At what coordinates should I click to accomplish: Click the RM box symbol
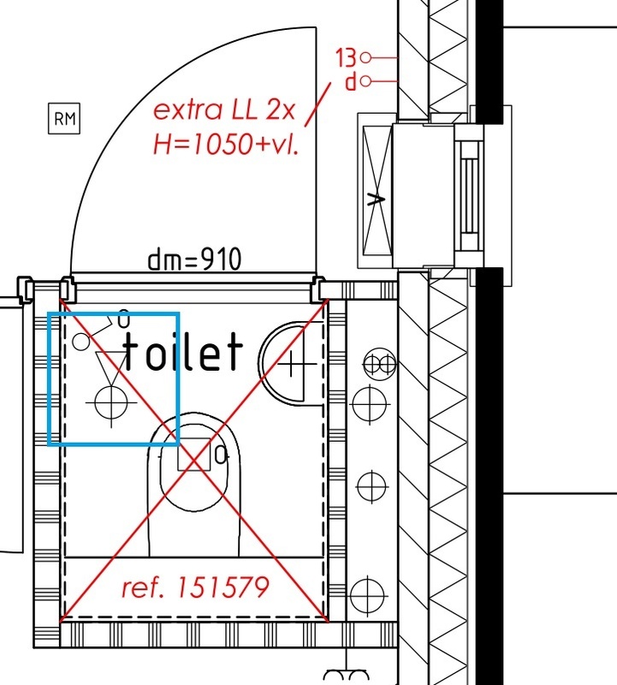click(64, 118)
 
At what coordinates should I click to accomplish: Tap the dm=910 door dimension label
click(194, 259)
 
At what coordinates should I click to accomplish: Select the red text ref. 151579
click(195, 587)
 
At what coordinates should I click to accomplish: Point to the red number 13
click(347, 57)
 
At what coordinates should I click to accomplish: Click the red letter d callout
click(351, 81)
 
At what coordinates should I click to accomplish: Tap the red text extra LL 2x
click(224, 110)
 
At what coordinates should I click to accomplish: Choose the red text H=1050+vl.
click(226, 144)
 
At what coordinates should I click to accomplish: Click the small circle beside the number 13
click(366, 57)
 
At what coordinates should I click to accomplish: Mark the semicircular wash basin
click(261, 362)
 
